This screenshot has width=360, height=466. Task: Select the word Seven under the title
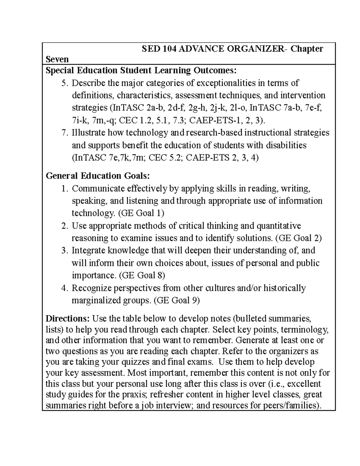(x=57, y=59)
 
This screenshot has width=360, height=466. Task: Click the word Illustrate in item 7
(x=88, y=133)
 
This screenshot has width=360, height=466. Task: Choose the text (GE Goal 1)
(x=141, y=213)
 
